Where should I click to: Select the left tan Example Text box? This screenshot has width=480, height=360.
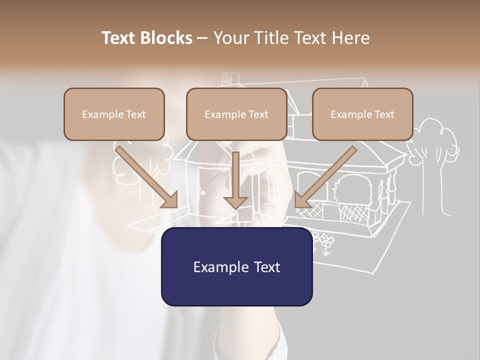114,114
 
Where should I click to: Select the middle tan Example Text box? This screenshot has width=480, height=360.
236,114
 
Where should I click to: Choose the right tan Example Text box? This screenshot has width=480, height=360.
362,114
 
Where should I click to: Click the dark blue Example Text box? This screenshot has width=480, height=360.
236,266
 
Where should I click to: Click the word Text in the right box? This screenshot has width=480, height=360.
384,114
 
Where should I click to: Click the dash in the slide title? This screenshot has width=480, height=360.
202,38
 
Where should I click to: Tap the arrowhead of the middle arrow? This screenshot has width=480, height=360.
235,202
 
